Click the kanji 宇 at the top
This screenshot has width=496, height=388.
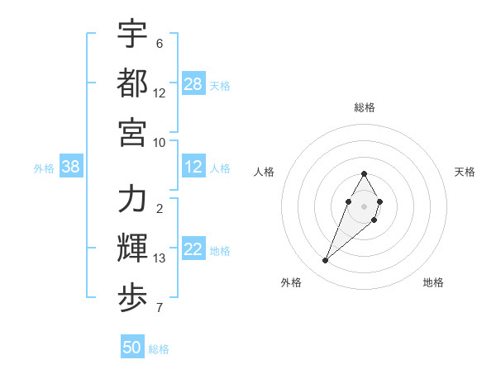pos(132,34)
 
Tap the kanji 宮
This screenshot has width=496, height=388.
pos(132,131)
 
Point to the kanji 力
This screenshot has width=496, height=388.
pos(132,199)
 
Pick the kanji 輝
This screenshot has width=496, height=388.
pos(132,248)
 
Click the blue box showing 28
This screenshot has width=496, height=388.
pos(193,84)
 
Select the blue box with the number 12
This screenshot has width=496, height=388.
pos(193,167)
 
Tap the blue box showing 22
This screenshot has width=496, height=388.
pos(193,249)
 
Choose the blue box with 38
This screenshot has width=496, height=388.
pos(70,167)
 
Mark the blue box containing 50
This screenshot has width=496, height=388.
pos(132,348)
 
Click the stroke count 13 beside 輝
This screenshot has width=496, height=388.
pos(160,258)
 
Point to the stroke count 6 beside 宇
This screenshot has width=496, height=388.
pos(160,44)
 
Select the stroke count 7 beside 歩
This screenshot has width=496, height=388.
pos(160,308)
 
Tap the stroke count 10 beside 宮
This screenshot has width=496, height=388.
pos(160,142)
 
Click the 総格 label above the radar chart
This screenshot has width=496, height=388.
pos(365,107)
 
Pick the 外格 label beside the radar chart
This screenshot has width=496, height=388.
pos(291,282)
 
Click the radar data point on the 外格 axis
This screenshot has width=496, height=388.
pos(325,261)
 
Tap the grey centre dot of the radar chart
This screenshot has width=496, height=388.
pos(365,206)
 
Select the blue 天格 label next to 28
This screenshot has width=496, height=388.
pos(220,85)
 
